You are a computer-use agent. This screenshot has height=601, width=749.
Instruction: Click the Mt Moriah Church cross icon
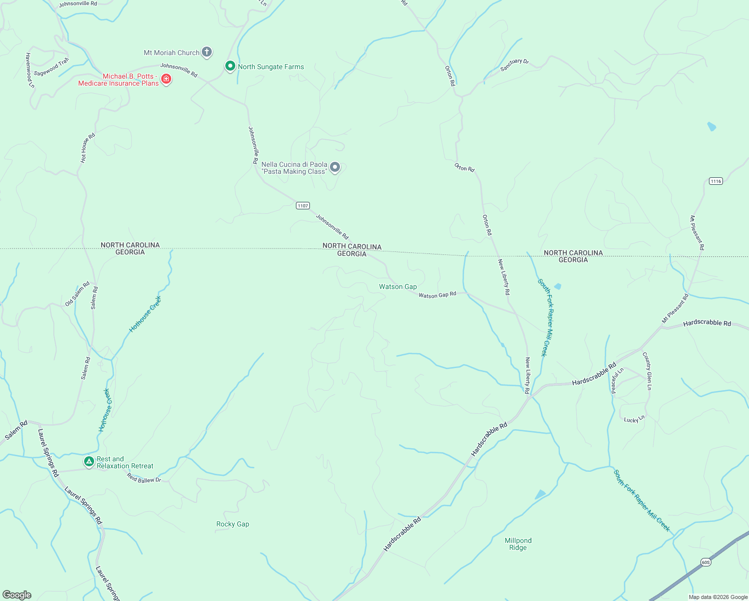coord(206,52)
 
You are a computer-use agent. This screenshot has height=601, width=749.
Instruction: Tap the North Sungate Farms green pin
coord(230,66)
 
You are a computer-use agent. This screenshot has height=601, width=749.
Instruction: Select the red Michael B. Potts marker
coord(166,79)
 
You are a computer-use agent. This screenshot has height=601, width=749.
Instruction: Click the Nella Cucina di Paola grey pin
coord(335,167)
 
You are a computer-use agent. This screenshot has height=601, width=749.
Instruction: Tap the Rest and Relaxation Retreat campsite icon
coord(89,461)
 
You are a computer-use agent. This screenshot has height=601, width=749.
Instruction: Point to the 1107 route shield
coord(303,206)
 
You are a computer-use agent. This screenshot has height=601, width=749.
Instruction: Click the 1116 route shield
coord(716,181)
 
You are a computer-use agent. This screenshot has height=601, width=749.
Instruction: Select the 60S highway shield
coord(705,562)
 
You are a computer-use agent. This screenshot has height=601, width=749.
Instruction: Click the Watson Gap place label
coord(398,287)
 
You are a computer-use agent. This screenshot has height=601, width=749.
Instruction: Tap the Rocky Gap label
coord(233,524)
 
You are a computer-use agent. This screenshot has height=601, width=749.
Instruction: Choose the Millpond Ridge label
coord(518,544)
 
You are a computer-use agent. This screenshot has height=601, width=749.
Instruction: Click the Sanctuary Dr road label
coord(514,65)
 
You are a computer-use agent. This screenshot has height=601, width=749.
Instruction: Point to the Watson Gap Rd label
coord(437,295)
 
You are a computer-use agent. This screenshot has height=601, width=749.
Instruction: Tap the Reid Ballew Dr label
coord(144,479)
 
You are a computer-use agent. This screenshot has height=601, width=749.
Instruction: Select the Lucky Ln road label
coord(634,419)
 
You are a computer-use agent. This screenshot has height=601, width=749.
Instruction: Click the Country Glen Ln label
coord(647,371)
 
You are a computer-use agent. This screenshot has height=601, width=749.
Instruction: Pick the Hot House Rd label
coord(88,148)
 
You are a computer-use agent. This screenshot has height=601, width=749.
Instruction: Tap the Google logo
coord(17,595)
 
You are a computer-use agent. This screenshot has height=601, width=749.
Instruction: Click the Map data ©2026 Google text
coord(718,597)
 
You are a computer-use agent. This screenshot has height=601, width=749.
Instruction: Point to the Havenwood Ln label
coord(30,71)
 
